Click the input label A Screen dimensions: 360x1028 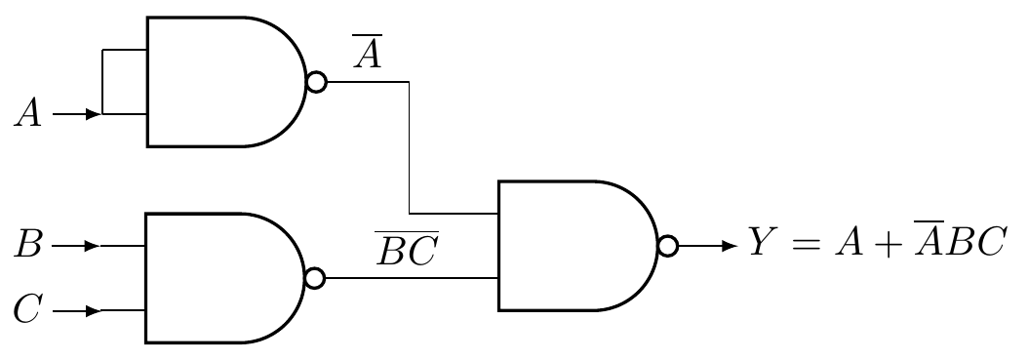pos(28,115)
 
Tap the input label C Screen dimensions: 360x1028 pos(28,311)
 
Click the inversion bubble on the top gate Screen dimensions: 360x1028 pos(316,82)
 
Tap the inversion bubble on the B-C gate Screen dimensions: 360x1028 pos(315,278)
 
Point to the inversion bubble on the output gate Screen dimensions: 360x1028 pos(668,246)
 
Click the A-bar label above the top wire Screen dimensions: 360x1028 pos(368,55)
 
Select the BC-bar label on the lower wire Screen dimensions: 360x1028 pos(408,251)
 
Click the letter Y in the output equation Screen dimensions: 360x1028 pos(762,241)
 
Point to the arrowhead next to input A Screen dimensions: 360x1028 pos(93,115)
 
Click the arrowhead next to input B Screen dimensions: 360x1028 pos(93,246)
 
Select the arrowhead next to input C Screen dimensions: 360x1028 pos(93,311)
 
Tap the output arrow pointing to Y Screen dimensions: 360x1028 pos(727,246)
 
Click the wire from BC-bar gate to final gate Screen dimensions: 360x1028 pos(410,278)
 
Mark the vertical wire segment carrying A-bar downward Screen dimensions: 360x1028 pos(410,146)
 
